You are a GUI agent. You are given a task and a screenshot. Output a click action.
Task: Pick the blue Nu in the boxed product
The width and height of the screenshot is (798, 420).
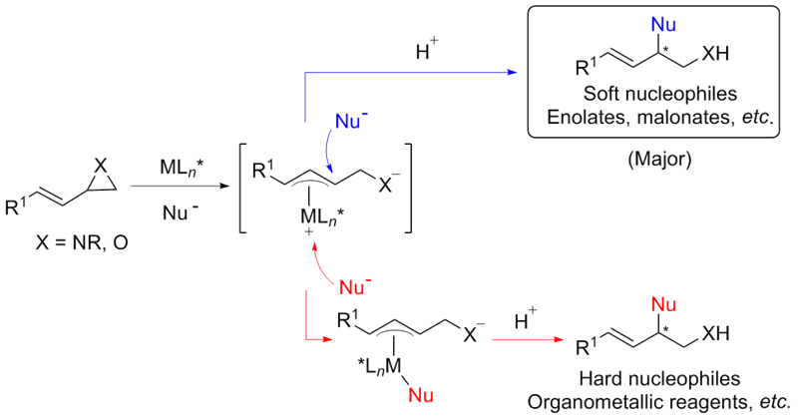[x=630, y=23]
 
